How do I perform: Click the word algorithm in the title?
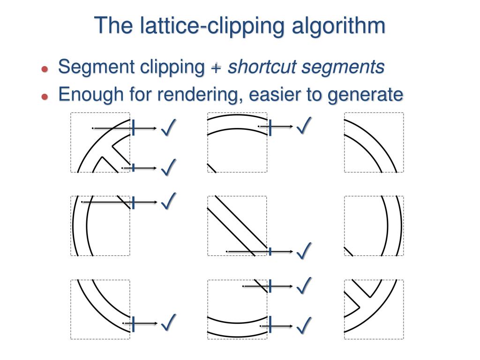tap(338, 26)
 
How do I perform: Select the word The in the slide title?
tap(114, 26)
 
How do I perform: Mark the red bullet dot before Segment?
tap(45, 69)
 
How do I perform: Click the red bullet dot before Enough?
tap(45, 96)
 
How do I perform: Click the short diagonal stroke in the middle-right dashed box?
tap(349, 251)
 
